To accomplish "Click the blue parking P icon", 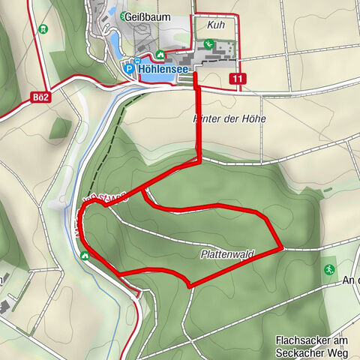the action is pyautogui.click(x=128, y=68).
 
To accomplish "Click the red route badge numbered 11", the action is pyautogui.click(x=238, y=79).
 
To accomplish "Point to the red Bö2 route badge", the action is pyautogui.click(x=41, y=97).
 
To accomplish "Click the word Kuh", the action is pyautogui.click(x=218, y=25).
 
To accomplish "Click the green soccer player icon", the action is pyautogui.click(x=329, y=268).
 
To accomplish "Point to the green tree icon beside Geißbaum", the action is pyautogui.click(x=123, y=15).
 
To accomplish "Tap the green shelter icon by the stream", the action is pyautogui.click(x=85, y=255).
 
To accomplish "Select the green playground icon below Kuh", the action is pyautogui.click(x=210, y=45).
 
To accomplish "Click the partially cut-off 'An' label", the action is pyautogui.click(x=349, y=280).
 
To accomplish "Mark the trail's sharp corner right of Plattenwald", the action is pyautogui.click(x=281, y=246).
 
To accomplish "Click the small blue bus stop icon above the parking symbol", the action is pyautogui.click(x=137, y=60).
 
